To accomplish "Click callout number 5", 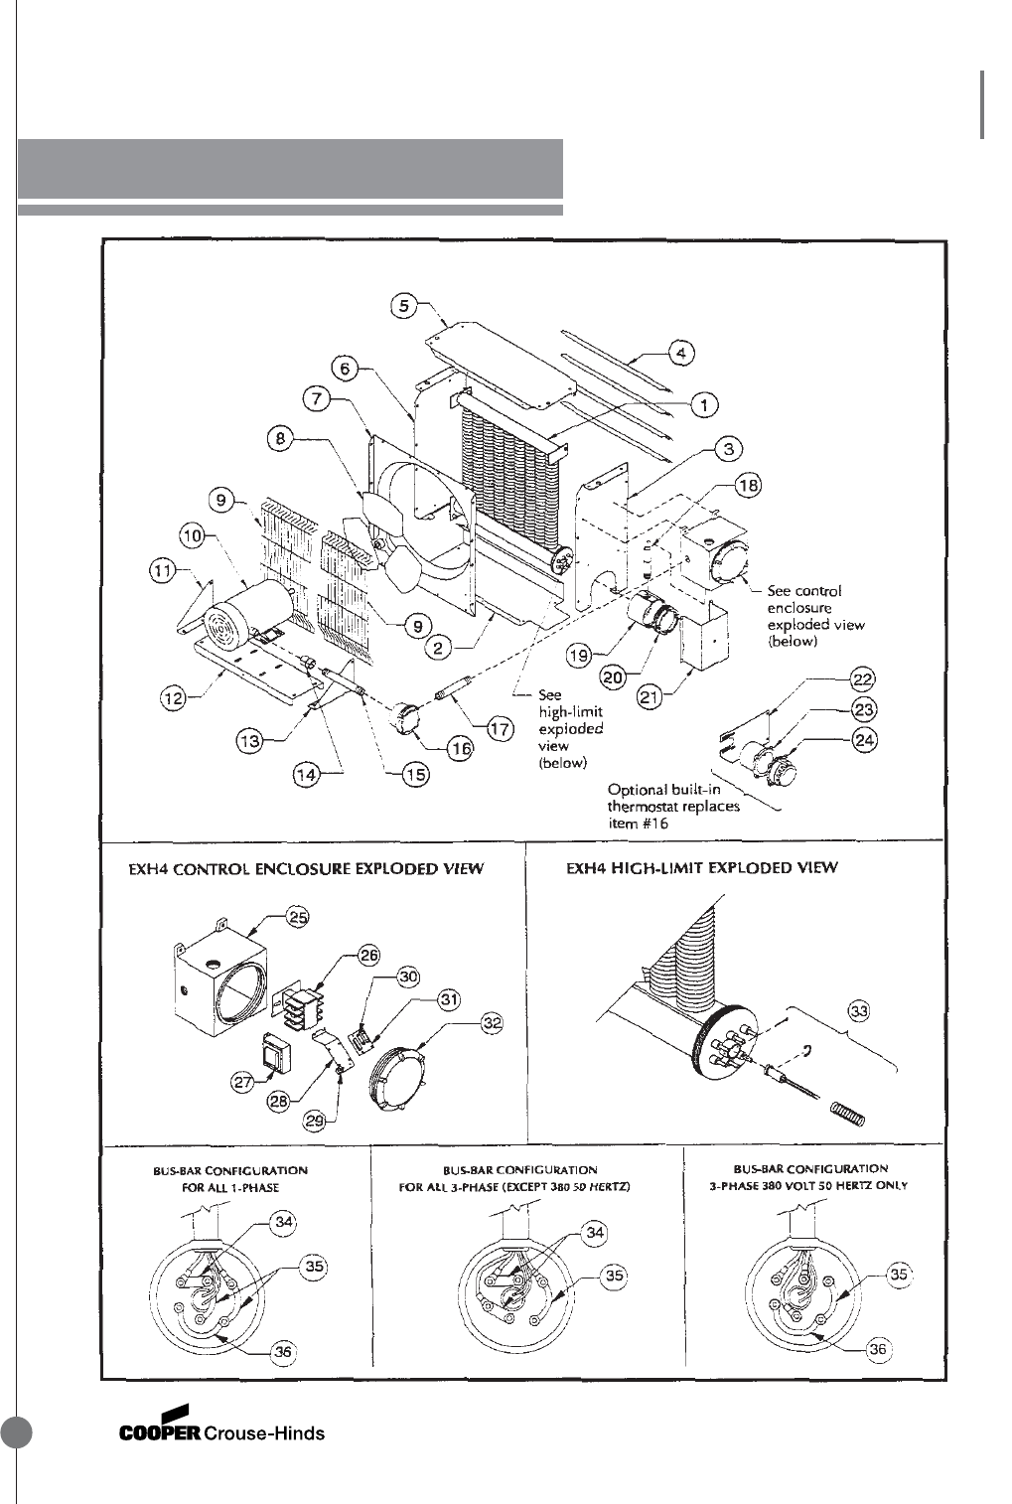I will coord(404,305).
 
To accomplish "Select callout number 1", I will coord(704,404).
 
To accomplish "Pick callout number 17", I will coord(500,730).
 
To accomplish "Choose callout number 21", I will coord(651,698).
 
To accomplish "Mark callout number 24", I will coord(863,740).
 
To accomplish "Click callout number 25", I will coord(297,917).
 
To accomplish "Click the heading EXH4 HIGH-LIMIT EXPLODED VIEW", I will coord(701,867).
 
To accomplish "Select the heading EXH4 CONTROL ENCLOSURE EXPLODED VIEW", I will coord(306,868).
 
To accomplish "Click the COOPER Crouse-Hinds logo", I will coord(221,1432).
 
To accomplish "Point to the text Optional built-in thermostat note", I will coord(673,806).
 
